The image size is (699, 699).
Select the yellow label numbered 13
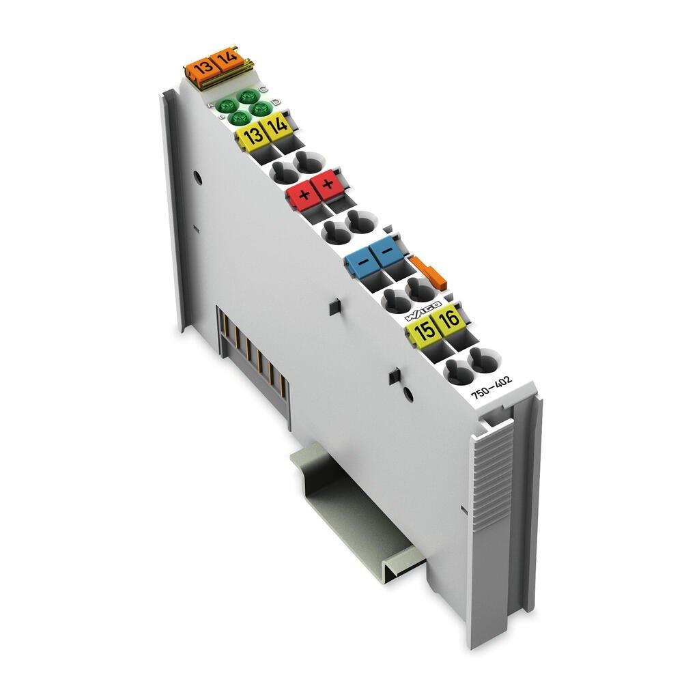tap(253, 135)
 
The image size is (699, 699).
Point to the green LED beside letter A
tap(227, 106)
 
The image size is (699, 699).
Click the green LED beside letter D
tap(257, 108)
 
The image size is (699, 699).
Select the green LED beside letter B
tap(238, 118)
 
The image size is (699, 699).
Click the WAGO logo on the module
tap(424, 309)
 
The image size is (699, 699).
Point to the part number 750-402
tap(489, 393)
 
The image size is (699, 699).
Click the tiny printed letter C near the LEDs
tap(264, 89)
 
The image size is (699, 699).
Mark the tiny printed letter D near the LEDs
tap(275, 102)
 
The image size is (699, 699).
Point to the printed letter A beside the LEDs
tap(212, 106)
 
